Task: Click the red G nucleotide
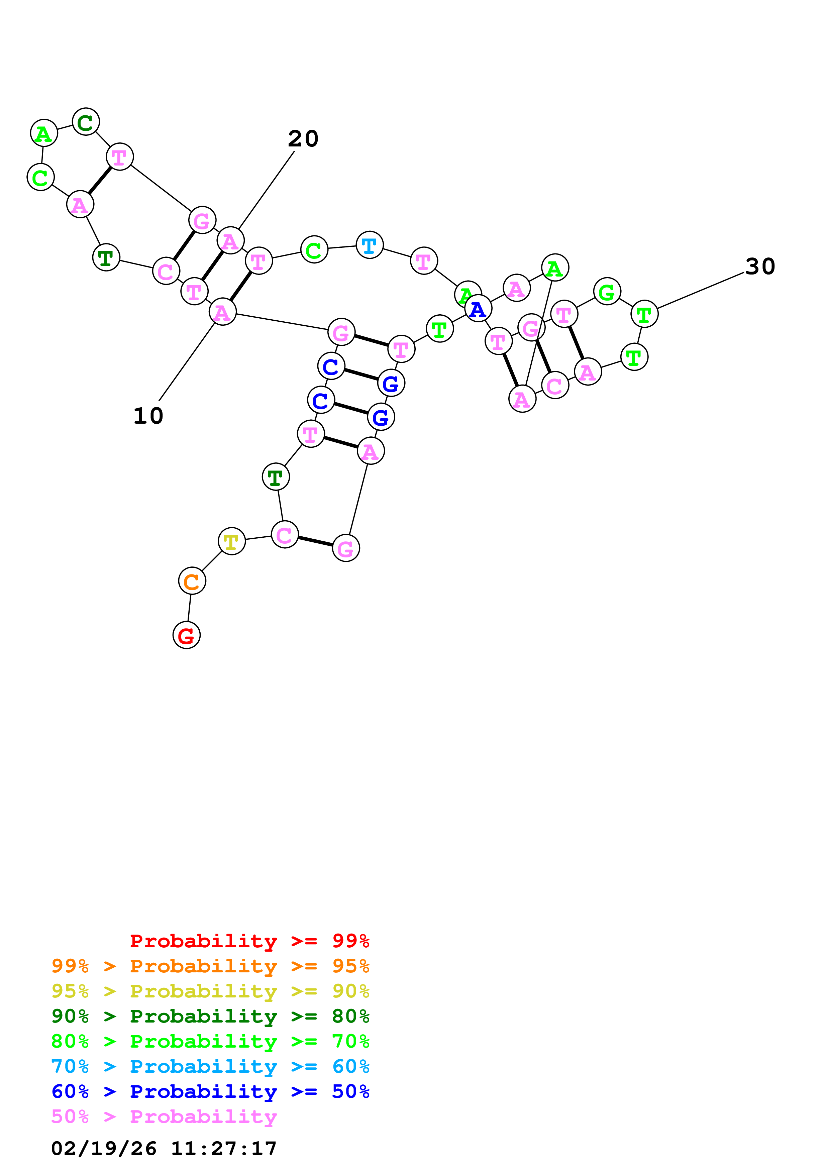(x=187, y=635)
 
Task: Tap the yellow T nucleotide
(x=231, y=541)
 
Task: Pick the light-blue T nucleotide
(x=369, y=245)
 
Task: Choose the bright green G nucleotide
(x=607, y=292)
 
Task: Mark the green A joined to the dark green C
(x=44, y=133)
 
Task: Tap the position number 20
(x=303, y=138)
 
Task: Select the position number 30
(x=760, y=266)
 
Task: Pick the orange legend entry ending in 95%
(x=210, y=966)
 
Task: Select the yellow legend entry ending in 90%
(x=210, y=991)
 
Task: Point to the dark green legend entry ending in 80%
(x=210, y=1016)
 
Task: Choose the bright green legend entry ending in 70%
(x=210, y=1041)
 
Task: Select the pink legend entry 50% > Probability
(x=164, y=1116)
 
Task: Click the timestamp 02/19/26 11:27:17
(x=164, y=1148)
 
